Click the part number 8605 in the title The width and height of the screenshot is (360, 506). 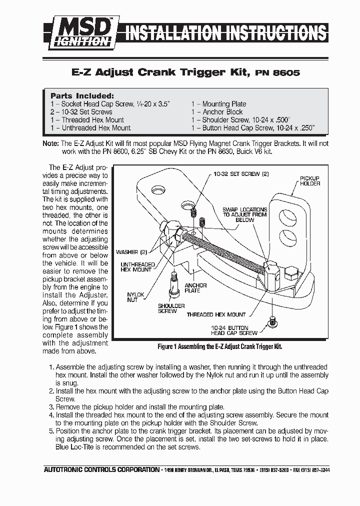pos(287,72)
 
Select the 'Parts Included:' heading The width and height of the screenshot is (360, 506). pos(82,95)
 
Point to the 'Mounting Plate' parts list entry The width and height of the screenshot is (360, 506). pos(218,104)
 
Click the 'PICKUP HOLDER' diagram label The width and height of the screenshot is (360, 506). pos(309,181)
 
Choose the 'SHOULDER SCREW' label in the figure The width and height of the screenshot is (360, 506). pos(171,308)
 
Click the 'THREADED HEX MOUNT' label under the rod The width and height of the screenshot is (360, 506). pos(216,314)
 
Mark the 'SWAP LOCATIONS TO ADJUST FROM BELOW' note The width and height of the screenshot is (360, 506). pos(245,214)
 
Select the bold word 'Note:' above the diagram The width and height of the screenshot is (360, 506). pos(51,143)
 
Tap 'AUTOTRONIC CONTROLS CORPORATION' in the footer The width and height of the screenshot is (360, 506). pos(101,470)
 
